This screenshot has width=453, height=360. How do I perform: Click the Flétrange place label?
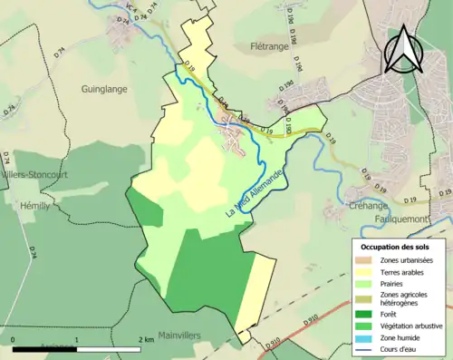click(270, 44)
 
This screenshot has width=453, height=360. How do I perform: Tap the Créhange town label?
click(369, 206)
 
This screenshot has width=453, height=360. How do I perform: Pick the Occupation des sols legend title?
click(398, 246)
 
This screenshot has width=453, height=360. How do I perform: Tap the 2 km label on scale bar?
click(145, 339)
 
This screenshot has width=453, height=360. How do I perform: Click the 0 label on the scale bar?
click(14, 339)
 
